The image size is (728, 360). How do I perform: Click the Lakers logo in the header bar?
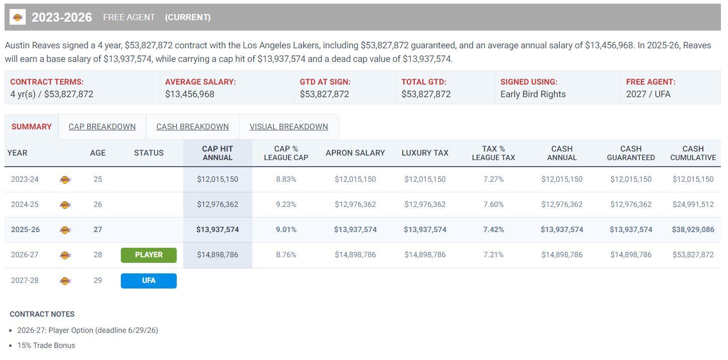coord(18,17)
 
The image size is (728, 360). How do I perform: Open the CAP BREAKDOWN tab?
coord(102,127)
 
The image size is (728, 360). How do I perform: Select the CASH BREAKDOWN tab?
coord(192,127)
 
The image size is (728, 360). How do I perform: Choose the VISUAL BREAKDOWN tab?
coord(288,127)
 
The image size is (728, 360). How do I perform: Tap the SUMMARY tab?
coord(31,127)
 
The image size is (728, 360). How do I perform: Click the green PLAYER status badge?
coord(149,255)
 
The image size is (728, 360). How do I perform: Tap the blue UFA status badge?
coord(149,280)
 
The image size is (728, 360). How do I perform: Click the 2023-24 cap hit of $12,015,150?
coord(217,179)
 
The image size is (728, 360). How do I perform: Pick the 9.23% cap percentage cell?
coord(286,204)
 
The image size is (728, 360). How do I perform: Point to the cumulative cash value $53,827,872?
coord(693,255)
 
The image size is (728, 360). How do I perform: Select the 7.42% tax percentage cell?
coord(493,230)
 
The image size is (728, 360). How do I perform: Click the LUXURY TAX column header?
coord(425,153)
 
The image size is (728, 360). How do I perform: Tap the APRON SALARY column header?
coord(355,153)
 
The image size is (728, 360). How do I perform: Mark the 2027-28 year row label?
coord(25,280)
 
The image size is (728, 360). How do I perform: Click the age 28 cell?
coord(98,255)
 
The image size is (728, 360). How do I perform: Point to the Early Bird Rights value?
coord(533,94)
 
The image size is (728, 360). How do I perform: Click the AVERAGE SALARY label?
coord(200,82)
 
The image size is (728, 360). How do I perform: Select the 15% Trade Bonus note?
coord(46,345)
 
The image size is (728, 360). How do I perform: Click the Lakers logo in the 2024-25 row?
coord(65,204)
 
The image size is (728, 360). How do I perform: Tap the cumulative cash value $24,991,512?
coord(693,204)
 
